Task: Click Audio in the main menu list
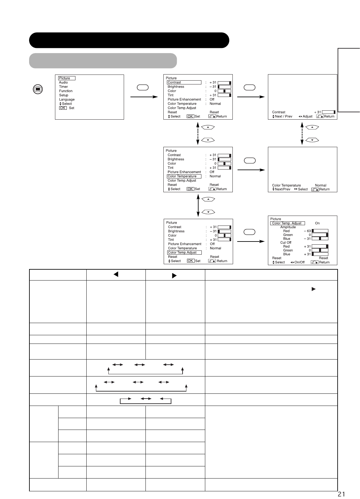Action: coord(63,83)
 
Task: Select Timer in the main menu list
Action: coord(63,87)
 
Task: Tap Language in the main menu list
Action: coord(67,99)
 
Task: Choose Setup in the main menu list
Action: coord(64,95)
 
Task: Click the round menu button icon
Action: coord(38,89)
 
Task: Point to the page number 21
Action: coord(341,495)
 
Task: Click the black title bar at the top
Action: coord(129,40)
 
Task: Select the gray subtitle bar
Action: coord(103,61)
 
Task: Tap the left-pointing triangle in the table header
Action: coord(116,274)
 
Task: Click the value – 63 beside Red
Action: coord(307,231)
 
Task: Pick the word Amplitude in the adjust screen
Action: coord(288,227)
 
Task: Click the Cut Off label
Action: coord(286,242)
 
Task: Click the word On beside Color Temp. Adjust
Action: coord(317,223)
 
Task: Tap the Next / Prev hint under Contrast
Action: coord(283,116)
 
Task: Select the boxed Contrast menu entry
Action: coord(184,83)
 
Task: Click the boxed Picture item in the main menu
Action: coord(67,78)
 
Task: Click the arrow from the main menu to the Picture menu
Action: coord(144,97)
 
